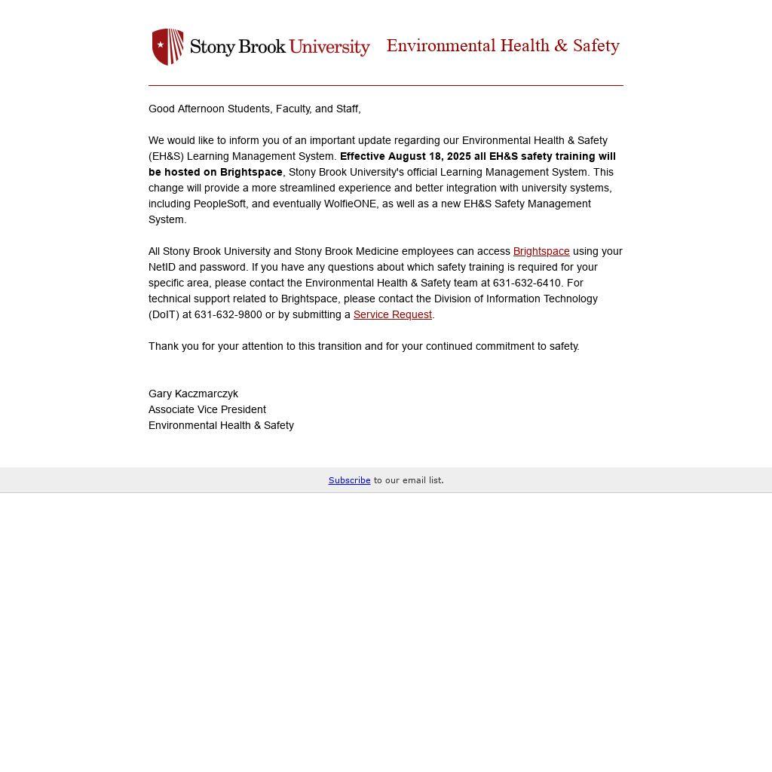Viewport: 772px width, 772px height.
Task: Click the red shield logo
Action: point(167,47)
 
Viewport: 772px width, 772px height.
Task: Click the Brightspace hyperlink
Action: point(541,251)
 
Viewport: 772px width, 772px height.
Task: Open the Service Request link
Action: point(392,314)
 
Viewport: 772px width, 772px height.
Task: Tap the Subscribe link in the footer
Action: point(349,480)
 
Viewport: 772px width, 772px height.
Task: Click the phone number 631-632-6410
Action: point(527,283)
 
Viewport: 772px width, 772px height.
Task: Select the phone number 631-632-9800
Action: point(228,314)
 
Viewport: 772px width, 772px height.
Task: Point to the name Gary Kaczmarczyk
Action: point(193,394)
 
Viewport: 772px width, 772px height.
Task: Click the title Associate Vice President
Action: point(207,409)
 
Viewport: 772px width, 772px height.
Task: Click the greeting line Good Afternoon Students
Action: point(254,109)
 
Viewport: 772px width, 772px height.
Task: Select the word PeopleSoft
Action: point(220,204)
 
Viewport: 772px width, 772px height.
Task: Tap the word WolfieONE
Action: point(350,204)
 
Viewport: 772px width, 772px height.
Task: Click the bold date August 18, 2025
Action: point(430,156)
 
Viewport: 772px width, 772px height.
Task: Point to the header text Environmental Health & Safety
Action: point(503,46)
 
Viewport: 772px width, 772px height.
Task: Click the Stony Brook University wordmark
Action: point(280,47)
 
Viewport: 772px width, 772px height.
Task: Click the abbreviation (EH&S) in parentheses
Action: point(166,156)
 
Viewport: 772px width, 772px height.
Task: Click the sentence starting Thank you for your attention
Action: point(363,346)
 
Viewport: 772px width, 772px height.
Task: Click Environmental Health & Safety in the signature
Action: point(221,425)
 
